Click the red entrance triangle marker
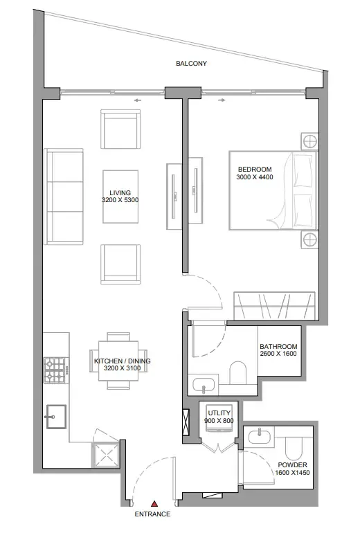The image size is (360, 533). (x=156, y=504)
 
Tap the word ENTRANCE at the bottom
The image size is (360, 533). (x=153, y=515)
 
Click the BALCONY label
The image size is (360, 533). (x=191, y=64)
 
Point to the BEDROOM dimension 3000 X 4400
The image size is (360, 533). (x=255, y=178)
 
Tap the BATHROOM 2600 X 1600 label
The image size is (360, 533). (x=278, y=351)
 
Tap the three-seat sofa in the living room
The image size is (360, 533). (x=64, y=196)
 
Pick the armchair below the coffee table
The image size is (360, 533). (x=121, y=264)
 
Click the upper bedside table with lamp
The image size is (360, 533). (x=309, y=141)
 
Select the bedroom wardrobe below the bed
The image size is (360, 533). (x=276, y=305)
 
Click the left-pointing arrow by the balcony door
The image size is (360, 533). (x=137, y=100)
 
